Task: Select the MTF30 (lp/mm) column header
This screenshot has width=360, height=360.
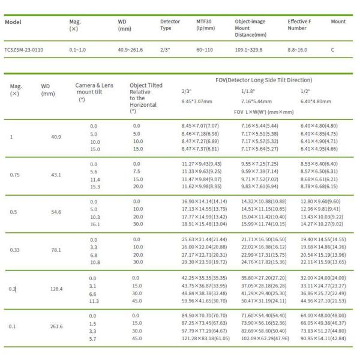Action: click(x=206, y=26)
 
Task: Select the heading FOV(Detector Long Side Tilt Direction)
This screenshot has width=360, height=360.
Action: click(x=263, y=80)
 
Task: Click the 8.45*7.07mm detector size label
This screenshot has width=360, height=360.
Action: click(x=197, y=101)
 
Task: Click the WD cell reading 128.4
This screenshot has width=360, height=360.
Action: click(x=57, y=289)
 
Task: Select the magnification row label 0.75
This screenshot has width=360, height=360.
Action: click(x=16, y=175)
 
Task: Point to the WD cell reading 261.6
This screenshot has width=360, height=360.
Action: click(x=57, y=328)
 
